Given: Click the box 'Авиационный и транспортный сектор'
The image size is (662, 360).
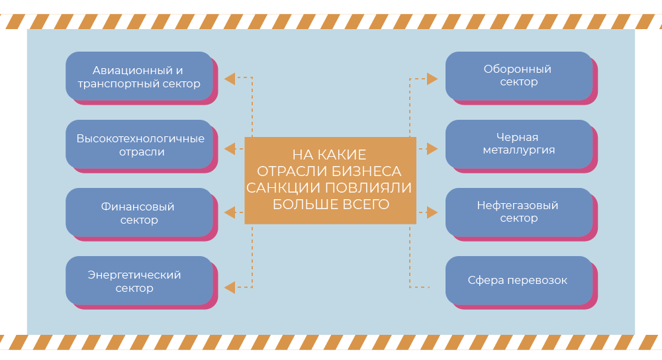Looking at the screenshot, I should coord(139,76).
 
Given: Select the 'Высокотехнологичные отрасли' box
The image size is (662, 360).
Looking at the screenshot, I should coord(139,144).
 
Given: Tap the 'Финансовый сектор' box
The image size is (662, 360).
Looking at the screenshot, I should coord(139,212).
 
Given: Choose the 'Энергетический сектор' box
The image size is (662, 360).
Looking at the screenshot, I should coord(139,281).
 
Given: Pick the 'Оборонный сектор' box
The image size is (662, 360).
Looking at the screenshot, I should coord(518,75).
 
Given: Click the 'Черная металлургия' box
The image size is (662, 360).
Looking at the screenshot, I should coord(518,144).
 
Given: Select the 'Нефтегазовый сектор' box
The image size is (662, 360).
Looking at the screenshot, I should coord(518,212).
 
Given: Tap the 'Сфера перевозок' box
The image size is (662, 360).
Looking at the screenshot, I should coord(518,280).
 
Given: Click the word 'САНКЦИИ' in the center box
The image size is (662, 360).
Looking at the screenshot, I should coord(277,187).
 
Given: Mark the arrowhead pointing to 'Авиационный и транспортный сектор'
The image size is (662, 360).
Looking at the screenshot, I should coord(229,79).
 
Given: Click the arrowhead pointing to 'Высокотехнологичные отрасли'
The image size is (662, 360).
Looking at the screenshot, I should coord(229,148).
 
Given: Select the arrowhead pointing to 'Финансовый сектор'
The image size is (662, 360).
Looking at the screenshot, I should coord(229,212).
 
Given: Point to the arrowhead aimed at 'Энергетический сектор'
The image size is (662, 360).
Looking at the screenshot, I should coord(229,287).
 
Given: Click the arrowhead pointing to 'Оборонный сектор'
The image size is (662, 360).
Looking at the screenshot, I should coord(432,79).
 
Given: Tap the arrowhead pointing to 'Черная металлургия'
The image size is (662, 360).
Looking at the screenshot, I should coord(432,148).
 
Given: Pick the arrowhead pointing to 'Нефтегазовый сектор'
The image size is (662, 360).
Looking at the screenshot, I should coord(432,212).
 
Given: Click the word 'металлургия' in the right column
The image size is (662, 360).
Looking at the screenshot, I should coord(518,150).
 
